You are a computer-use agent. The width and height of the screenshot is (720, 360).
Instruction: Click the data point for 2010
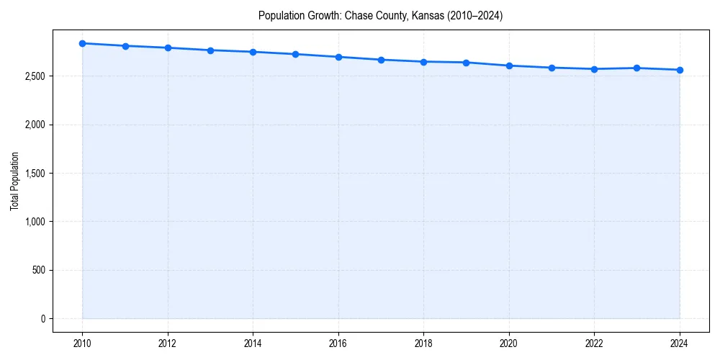coord(83,43)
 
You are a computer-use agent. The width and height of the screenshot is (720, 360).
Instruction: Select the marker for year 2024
coord(680,70)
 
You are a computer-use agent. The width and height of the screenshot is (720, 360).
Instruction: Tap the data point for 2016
coord(338,57)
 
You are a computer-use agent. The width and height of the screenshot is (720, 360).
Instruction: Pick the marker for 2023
coord(637,68)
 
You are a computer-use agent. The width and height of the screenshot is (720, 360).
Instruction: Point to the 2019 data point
coord(467,63)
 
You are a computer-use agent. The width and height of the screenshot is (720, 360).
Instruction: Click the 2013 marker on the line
coord(211,50)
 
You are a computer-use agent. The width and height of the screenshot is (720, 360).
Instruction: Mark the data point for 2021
coord(552,68)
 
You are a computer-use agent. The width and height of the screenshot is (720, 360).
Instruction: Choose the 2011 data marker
coord(125,46)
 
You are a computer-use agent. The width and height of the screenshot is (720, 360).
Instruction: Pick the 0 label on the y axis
coord(43,319)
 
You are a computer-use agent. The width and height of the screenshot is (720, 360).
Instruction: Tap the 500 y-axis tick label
coord(39,270)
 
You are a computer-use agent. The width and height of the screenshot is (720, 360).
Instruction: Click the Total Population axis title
coord(14,181)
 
